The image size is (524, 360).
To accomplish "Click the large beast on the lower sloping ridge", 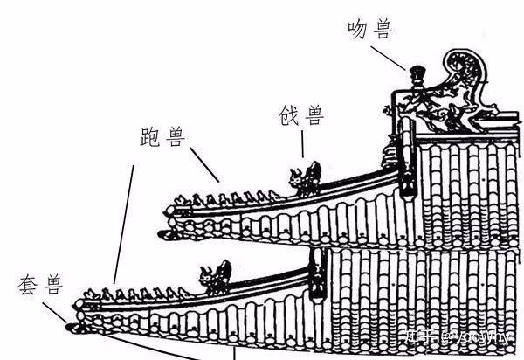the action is (x=215, y=275).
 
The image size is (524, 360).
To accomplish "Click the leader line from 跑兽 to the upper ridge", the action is (x=203, y=165).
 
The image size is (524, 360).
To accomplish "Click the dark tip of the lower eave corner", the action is (x=71, y=326).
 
